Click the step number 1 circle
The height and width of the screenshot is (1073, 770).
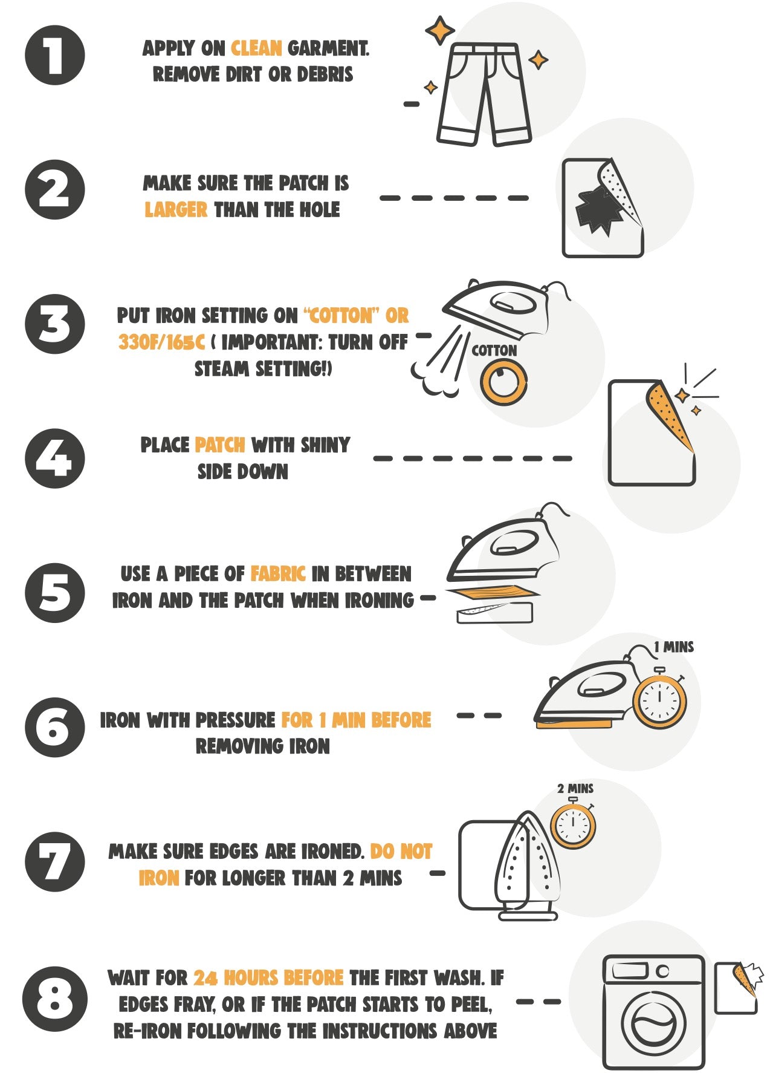tap(55, 55)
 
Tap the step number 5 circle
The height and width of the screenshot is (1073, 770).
tap(55, 593)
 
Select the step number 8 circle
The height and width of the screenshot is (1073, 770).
tap(55, 999)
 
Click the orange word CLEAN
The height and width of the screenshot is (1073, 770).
tap(256, 48)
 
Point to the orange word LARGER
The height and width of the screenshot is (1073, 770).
tap(176, 210)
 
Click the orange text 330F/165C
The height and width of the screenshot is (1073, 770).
tap(162, 342)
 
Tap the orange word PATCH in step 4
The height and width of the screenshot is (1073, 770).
tap(220, 445)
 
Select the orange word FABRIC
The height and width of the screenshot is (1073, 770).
tap(278, 573)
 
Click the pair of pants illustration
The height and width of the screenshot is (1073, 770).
tap(484, 94)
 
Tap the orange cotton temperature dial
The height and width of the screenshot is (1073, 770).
tap(503, 382)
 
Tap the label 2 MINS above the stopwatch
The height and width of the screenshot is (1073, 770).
tap(575, 789)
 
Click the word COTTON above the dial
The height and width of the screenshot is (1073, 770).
tap(494, 351)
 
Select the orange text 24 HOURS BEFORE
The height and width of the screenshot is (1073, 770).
tap(268, 978)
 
